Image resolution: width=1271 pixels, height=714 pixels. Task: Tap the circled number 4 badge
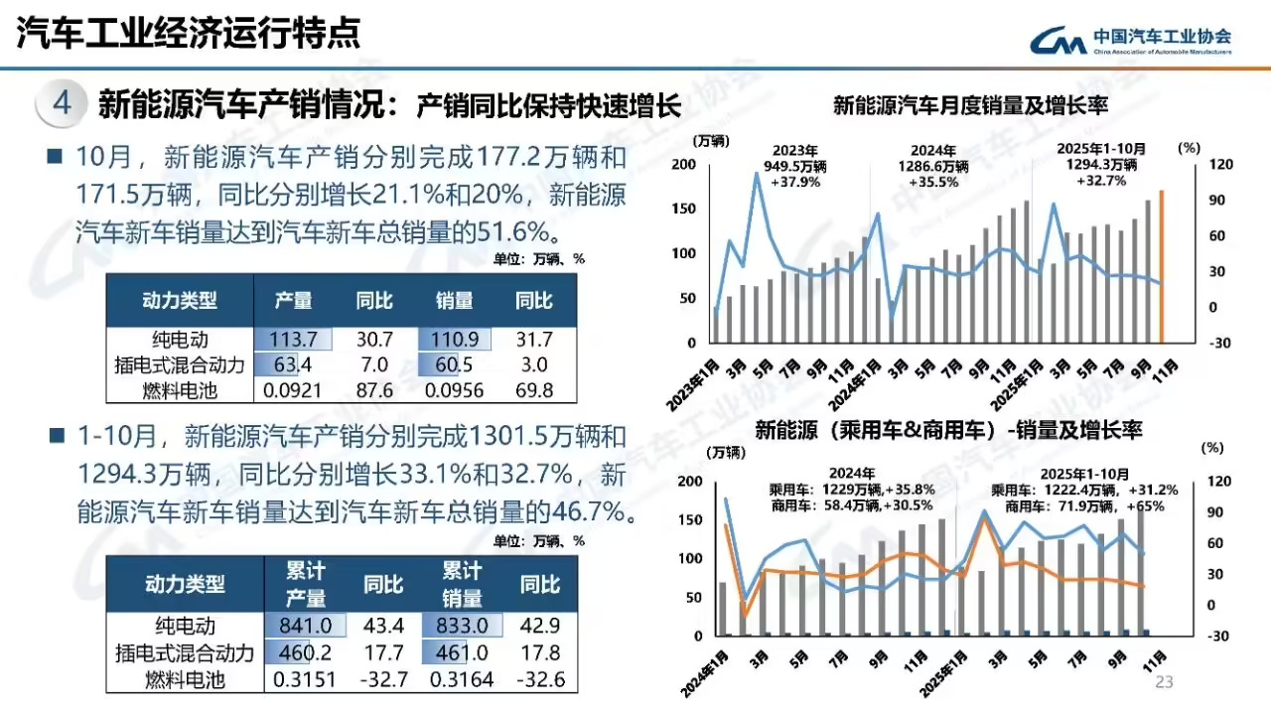pyautogui.click(x=62, y=103)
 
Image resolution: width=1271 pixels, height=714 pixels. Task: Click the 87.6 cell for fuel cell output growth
pyautogui.click(x=375, y=390)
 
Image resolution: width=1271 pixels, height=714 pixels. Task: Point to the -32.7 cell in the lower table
pyautogui.click(x=383, y=679)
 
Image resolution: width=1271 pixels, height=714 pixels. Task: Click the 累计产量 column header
pyautogui.click(x=306, y=585)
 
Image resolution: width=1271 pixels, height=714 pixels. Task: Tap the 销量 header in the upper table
pyautogui.click(x=454, y=300)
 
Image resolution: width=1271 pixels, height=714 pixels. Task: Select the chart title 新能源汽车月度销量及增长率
pyautogui.click(x=970, y=105)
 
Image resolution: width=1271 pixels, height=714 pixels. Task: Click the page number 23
pyautogui.click(x=1164, y=682)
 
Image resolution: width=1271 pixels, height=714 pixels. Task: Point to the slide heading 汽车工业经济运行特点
pyautogui.click(x=189, y=34)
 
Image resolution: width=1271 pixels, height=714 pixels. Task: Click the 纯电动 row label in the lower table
pyautogui.click(x=185, y=627)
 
